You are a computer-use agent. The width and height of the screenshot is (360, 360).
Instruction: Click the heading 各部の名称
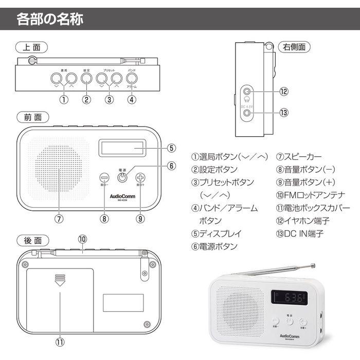50,20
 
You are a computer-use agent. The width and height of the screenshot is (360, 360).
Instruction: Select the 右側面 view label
294,47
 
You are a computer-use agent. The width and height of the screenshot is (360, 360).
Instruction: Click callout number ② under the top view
86,100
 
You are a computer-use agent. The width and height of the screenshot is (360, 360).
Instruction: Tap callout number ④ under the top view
132,100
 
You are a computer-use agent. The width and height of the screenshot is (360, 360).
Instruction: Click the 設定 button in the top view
86,78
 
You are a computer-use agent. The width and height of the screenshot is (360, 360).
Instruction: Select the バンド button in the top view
132,78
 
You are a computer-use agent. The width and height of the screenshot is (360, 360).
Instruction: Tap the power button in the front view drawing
122,177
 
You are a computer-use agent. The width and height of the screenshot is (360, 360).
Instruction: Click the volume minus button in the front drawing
104,177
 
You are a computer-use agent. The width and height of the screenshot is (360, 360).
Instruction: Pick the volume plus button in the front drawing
140,177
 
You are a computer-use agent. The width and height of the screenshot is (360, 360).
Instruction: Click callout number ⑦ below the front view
59,218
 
